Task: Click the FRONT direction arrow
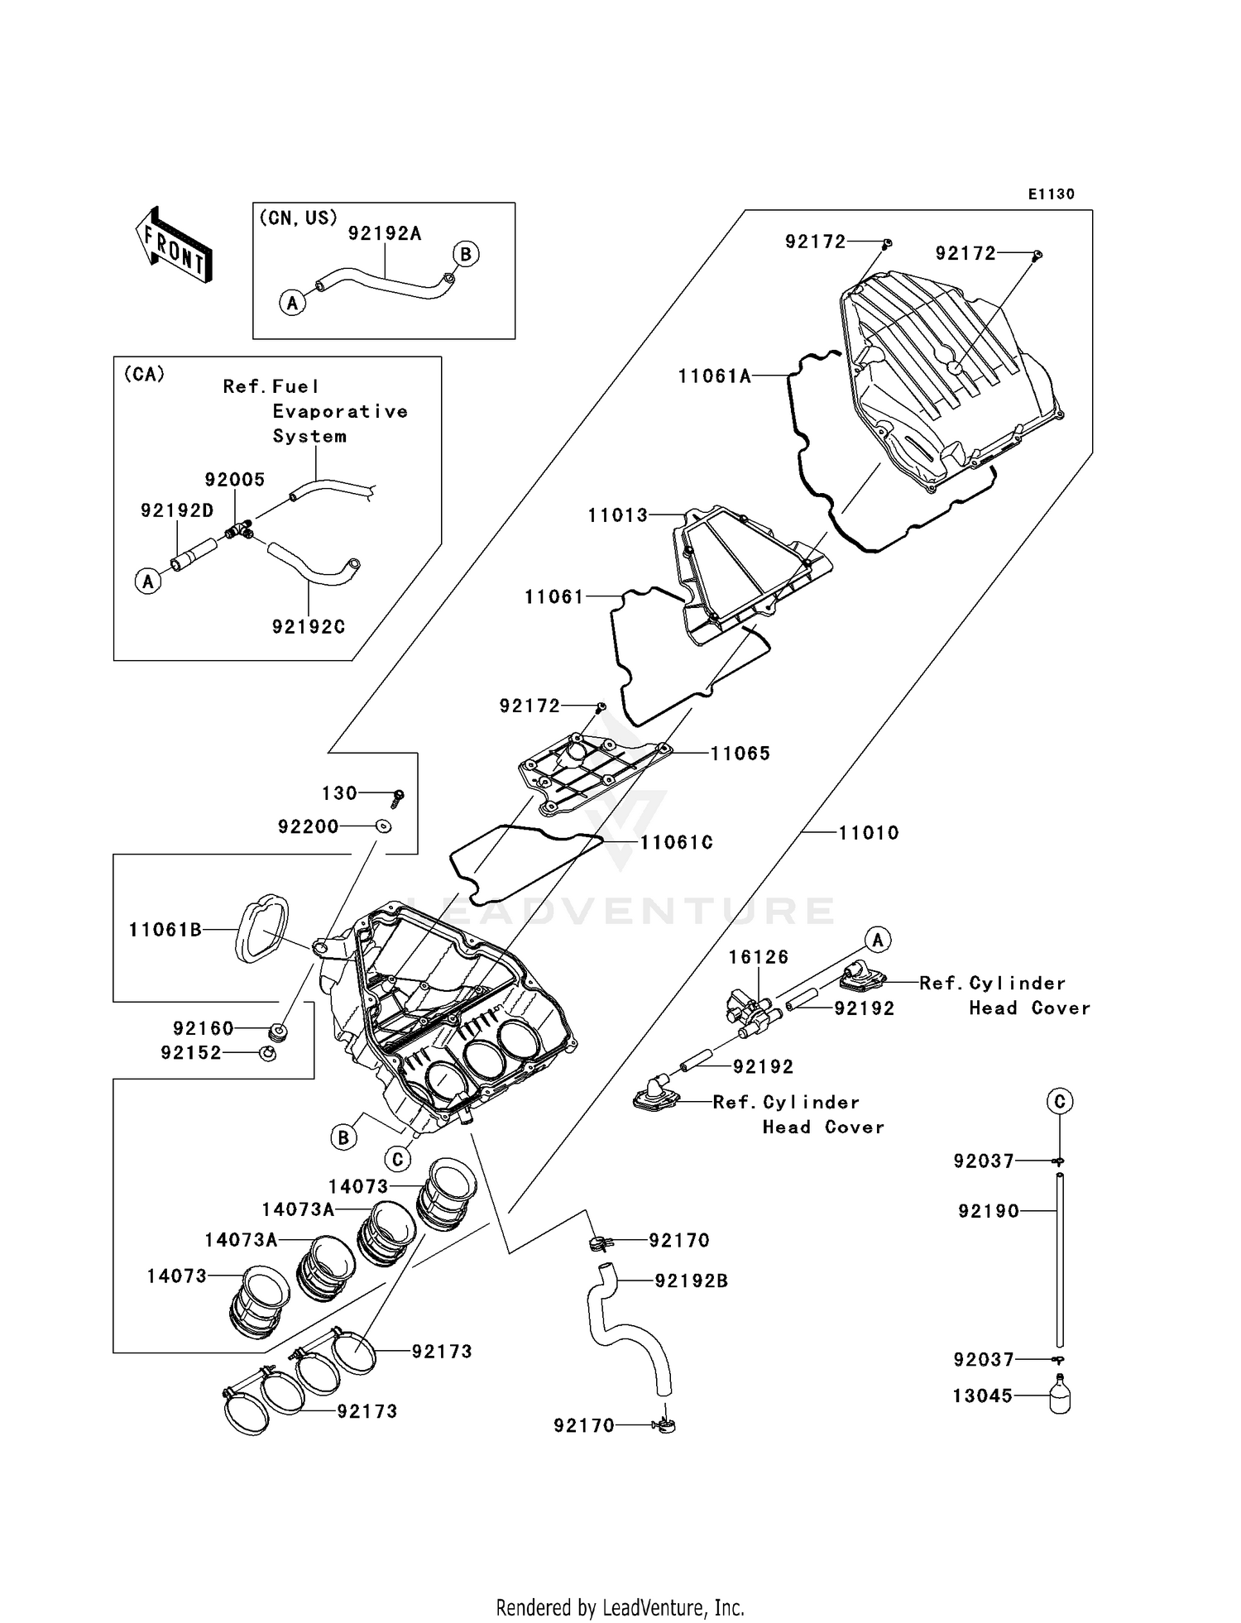174,245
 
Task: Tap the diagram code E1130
1051,194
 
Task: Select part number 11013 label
618,515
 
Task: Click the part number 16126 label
759,957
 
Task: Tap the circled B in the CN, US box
466,254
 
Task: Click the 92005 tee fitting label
235,480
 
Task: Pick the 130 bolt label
339,793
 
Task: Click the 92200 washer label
309,826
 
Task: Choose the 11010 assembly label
869,833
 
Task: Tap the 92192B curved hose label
692,1281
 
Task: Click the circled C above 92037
1060,1101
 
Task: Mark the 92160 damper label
204,1028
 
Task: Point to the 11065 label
740,754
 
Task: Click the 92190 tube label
989,1211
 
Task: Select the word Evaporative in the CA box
340,411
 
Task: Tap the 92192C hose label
309,627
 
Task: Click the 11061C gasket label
676,843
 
